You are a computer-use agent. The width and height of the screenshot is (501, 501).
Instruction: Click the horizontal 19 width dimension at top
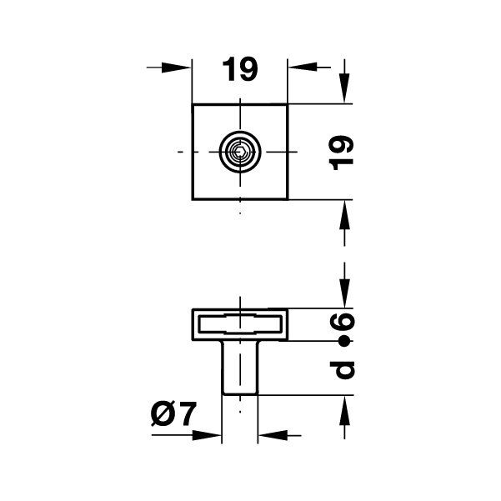click(240, 71)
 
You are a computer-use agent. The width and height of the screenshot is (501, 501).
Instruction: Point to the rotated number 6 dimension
click(343, 323)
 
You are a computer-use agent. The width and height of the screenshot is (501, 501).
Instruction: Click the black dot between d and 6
click(343, 342)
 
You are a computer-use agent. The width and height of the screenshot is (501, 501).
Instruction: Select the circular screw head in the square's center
click(240, 153)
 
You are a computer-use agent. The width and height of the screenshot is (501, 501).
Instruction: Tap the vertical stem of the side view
click(240, 368)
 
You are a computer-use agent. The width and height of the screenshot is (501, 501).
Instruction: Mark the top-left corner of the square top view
click(193, 104)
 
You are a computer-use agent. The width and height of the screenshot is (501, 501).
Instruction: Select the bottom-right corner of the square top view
click(288, 200)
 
